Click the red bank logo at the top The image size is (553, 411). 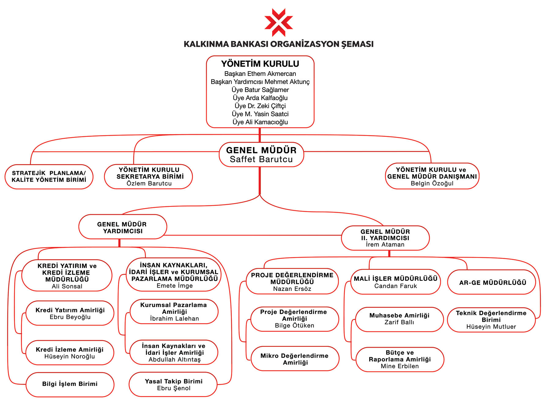coord(278,22)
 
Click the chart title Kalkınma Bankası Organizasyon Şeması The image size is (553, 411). coord(278,44)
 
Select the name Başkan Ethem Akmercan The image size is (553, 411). coord(260,74)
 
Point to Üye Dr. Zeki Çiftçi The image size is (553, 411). coord(260,106)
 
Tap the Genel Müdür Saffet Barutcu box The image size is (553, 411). coord(262,155)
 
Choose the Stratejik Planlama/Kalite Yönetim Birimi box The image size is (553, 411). coord(49,177)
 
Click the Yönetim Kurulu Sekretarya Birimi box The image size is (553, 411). coord(148,176)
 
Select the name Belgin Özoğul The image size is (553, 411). coord(432,183)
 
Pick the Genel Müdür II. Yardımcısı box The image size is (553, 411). coord(385,238)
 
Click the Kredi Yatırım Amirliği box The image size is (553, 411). coord(70,313)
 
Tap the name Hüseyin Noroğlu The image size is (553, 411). coord(69,356)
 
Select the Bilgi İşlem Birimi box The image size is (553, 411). coord(70,384)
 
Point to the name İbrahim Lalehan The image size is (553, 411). coord(174,318)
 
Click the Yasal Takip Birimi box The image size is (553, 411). coord(173,384)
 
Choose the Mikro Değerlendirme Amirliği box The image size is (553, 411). coord(295,358)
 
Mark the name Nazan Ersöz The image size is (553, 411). coord(292,289)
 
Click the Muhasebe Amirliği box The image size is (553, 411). coord(399,319)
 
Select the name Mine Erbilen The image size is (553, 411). coord(400,366)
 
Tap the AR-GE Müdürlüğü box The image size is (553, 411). coord(492,282)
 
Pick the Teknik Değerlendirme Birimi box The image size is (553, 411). coord(491,320)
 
